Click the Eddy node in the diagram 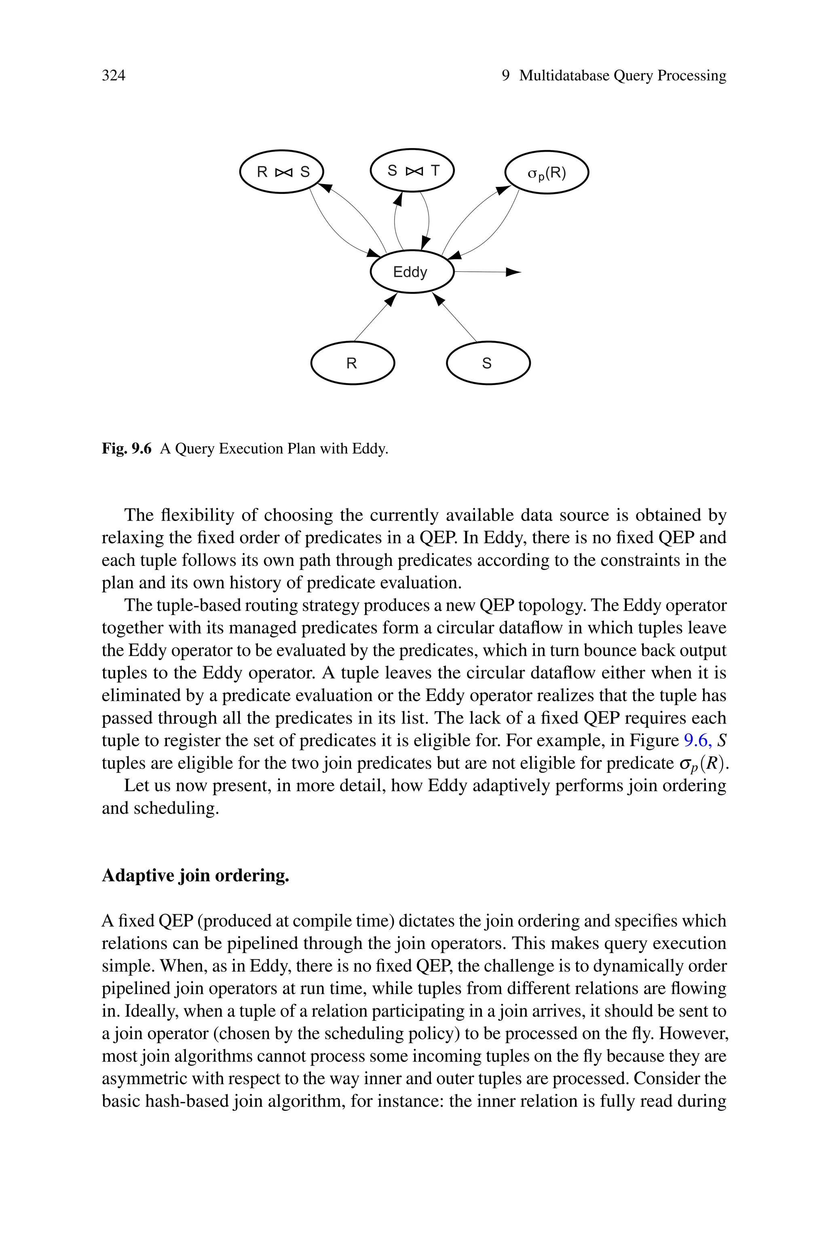[412, 272]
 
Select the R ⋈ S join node [281, 172]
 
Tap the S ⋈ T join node [412, 171]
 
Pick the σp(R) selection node [547, 172]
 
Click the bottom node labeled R [352, 363]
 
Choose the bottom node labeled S [488, 363]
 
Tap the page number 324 [114, 76]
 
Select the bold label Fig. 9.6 [127, 449]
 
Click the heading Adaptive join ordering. [195, 876]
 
